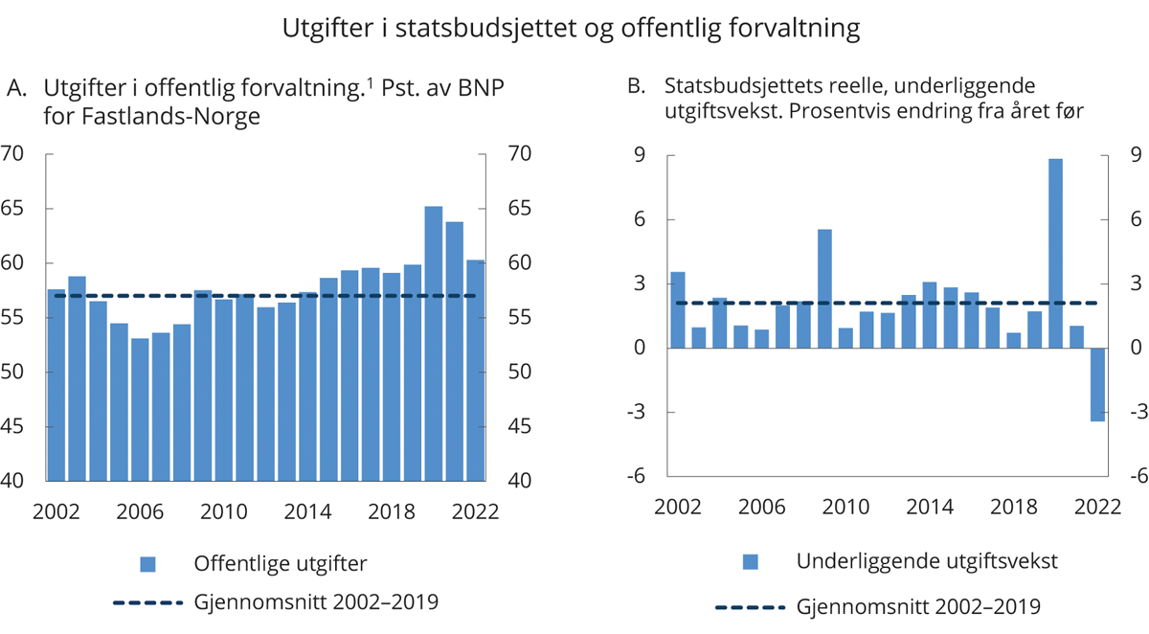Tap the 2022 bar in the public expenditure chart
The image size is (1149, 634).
(x=475, y=370)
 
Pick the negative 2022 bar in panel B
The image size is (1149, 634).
(x=1097, y=384)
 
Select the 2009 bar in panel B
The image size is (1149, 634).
(x=824, y=288)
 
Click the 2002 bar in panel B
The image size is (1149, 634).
(x=678, y=309)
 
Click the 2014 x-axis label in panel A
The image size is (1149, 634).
(x=308, y=511)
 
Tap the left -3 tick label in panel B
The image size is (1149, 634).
(x=634, y=413)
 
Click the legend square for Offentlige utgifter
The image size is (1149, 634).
(x=146, y=562)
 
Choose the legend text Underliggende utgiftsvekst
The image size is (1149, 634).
(x=927, y=562)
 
